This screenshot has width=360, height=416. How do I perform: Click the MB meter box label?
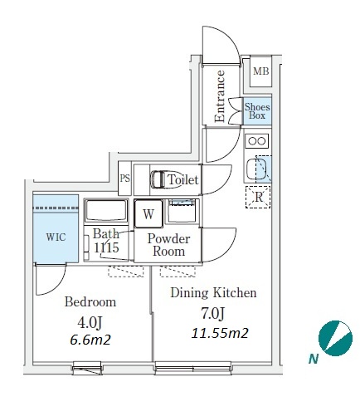pyautogui.click(x=261, y=71)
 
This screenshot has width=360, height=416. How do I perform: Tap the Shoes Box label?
pyautogui.click(x=257, y=111)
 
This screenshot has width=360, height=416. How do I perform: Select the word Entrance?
pyautogui.click(x=220, y=96)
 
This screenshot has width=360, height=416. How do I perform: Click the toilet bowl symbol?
pyautogui.click(x=159, y=179)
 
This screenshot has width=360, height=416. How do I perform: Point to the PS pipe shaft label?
pyautogui.click(x=125, y=179)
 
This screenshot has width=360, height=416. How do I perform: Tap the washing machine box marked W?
pyautogui.click(x=148, y=213)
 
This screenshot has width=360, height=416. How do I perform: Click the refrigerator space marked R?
pyautogui.click(x=258, y=197)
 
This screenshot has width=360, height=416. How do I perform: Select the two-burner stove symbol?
pyautogui.click(x=257, y=141)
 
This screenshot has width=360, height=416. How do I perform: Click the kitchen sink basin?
pyautogui.click(x=256, y=169)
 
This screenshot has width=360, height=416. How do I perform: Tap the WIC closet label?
pyautogui.click(x=56, y=237)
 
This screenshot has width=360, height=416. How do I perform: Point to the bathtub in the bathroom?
pyautogui.click(x=106, y=211)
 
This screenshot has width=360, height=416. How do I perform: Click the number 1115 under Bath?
pyautogui.click(x=106, y=247)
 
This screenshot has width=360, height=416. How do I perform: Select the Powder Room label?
pyautogui.click(x=168, y=245)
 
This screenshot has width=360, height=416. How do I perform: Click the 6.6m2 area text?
pyautogui.click(x=90, y=340)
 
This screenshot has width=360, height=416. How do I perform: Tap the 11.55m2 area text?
pyautogui.click(x=220, y=333)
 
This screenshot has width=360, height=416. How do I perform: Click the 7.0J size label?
pyautogui.click(x=212, y=314)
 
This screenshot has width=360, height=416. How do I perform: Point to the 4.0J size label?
pyautogui.click(x=90, y=322)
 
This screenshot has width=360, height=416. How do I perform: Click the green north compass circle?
pyautogui.click(x=335, y=338)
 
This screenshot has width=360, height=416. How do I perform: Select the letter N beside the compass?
pyautogui.click(x=314, y=359)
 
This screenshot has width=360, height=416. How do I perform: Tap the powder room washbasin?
pyautogui.click(x=182, y=211)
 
